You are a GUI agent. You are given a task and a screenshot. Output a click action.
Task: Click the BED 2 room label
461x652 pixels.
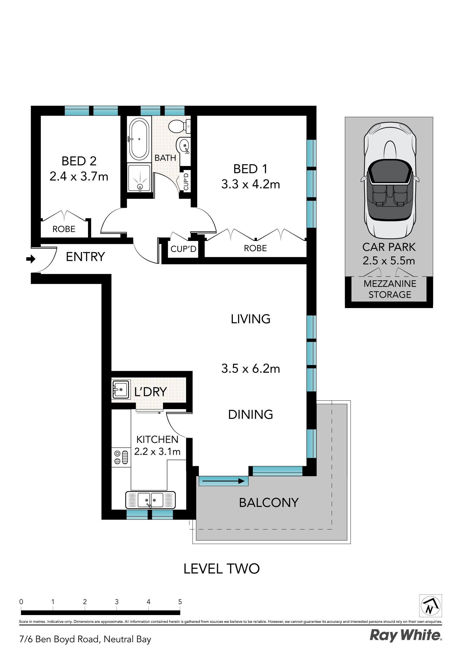79,161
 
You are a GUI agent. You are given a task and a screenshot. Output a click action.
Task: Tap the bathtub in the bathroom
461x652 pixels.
139,139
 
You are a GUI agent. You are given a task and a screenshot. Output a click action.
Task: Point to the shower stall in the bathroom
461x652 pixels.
139,178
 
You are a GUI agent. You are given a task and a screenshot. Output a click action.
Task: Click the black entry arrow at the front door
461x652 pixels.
31,259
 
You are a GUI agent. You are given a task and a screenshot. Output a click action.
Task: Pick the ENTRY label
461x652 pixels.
85,257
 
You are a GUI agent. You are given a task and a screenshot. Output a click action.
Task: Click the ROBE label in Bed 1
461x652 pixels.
255,248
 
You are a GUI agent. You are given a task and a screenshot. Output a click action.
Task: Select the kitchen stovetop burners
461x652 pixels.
121,457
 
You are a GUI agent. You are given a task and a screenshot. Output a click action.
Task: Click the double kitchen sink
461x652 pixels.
150,500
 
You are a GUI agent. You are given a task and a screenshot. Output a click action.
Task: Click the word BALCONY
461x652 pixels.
269,503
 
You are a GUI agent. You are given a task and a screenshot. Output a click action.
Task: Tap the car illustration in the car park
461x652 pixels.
390,180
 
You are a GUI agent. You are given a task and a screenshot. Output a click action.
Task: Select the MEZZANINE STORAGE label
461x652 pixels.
390,289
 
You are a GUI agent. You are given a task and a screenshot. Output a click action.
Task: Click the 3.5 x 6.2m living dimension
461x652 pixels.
250,369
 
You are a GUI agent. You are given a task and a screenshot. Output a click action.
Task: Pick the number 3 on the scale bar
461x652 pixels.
117,602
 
